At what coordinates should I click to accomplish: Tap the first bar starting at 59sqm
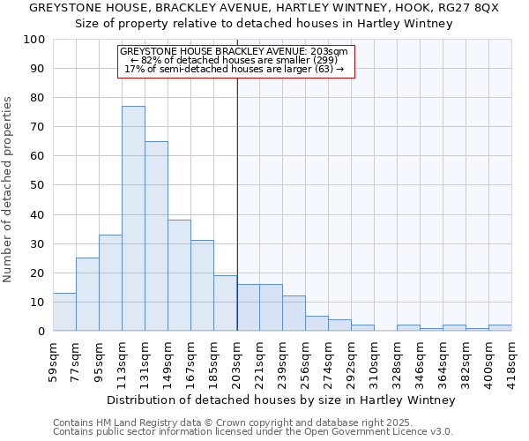coord(64,312)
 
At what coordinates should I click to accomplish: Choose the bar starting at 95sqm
coord(110,283)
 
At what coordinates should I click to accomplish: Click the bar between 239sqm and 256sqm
coord(294,313)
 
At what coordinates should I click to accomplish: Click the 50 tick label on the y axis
coord(38,185)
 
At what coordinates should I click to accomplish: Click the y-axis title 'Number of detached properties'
coord(8,190)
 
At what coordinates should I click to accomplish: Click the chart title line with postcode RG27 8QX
coord(264,8)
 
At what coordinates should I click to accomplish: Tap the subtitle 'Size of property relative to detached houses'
coord(264,24)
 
